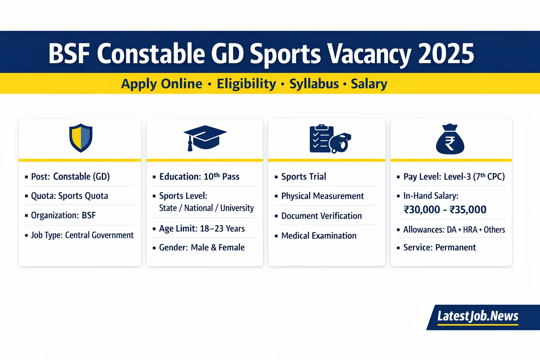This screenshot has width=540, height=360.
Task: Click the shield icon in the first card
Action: pyautogui.click(x=81, y=138)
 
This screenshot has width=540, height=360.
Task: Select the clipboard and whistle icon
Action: pyautogui.click(x=330, y=139)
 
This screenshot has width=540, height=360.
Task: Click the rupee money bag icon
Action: pyautogui.click(x=450, y=140)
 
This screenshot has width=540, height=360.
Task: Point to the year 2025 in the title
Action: pyautogui.click(x=446, y=54)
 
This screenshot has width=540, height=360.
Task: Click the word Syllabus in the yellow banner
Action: pyautogui.click(x=314, y=84)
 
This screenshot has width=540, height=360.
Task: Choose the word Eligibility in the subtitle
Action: pyautogui.click(x=246, y=84)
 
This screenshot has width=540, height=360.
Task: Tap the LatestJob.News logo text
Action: pyautogui.click(x=477, y=316)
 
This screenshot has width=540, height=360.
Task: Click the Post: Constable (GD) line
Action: pyautogui.click(x=70, y=176)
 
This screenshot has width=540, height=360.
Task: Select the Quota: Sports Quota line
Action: pyautogui.click(x=69, y=196)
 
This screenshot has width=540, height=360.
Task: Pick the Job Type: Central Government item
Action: pyautogui.click(x=82, y=235)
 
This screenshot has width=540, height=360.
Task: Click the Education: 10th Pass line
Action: pyautogui.click(x=199, y=176)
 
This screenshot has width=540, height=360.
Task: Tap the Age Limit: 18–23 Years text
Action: pyautogui.click(x=202, y=229)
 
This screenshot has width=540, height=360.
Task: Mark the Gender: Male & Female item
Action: pyautogui.click(x=202, y=247)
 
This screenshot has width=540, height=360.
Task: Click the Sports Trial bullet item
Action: pyautogui.click(x=303, y=176)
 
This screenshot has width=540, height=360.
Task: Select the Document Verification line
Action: pyautogui.click(x=321, y=216)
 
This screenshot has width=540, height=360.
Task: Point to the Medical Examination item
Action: pyautogui.click(x=319, y=236)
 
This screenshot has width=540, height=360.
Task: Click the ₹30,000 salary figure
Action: pyautogui.click(x=422, y=210)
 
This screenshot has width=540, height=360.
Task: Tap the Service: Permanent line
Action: pyautogui.click(x=439, y=247)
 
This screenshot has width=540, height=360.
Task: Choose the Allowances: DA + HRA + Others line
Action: pyautogui.click(x=454, y=230)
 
